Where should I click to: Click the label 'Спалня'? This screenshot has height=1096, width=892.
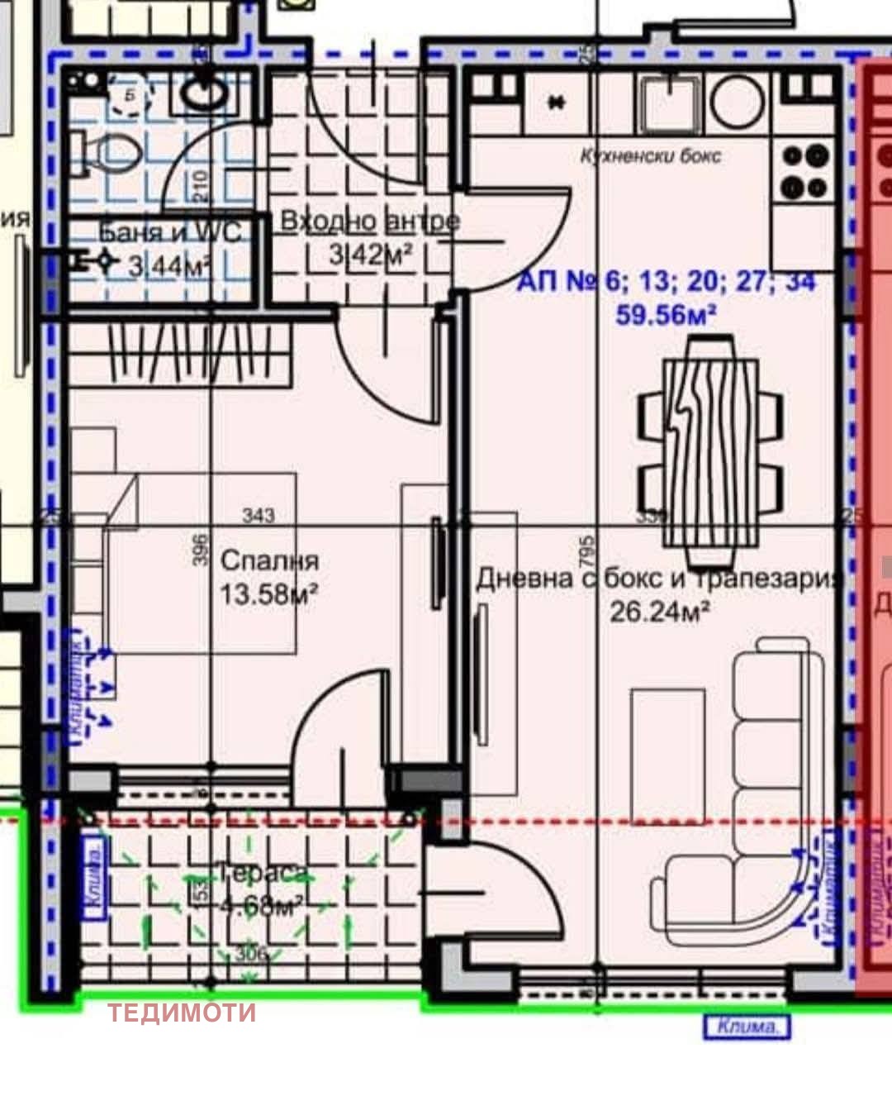coord(269,560)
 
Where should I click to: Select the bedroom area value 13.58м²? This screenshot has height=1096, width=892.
coord(269,593)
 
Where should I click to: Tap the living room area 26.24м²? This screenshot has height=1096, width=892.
coord(660,612)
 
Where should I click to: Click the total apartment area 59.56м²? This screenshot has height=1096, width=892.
coord(666,314)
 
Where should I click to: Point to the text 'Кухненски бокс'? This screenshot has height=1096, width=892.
coord(651,155)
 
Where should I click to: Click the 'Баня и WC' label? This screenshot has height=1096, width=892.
coord(170,232)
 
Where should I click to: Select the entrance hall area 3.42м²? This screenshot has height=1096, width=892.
coord(370,255)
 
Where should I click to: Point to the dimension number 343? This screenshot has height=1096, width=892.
coord(259,516)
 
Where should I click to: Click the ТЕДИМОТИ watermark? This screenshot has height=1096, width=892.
coord(182,1013)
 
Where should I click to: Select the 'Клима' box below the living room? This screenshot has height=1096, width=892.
coord(747,1027)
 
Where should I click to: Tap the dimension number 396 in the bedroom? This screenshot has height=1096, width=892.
coord(199,550)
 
